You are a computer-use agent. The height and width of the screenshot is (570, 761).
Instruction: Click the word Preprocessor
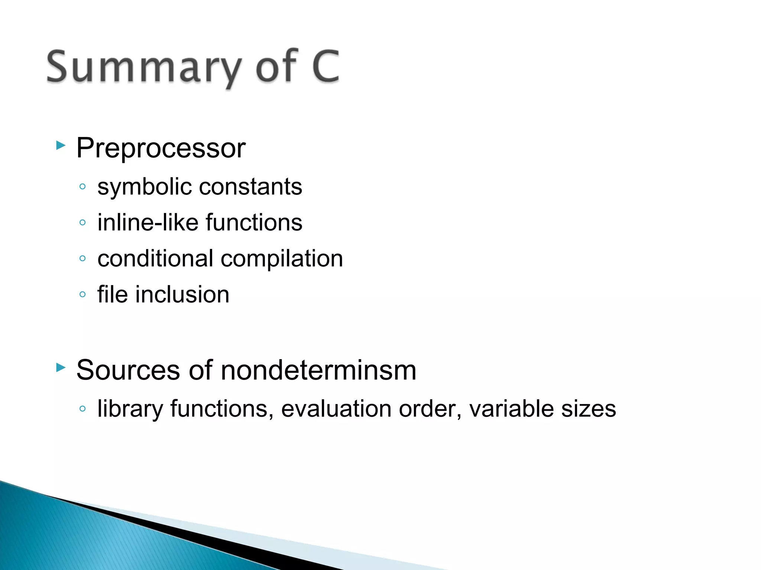161,148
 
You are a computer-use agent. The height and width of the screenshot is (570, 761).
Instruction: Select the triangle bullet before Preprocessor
61,145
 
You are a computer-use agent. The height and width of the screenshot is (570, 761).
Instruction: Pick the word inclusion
182,294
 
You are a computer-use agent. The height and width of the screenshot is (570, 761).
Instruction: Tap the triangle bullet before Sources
61,367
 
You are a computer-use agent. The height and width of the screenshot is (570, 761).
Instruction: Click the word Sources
128,370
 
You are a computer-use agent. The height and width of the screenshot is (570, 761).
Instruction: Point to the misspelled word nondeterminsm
318,370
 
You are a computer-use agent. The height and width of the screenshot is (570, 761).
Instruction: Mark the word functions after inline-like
254,222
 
